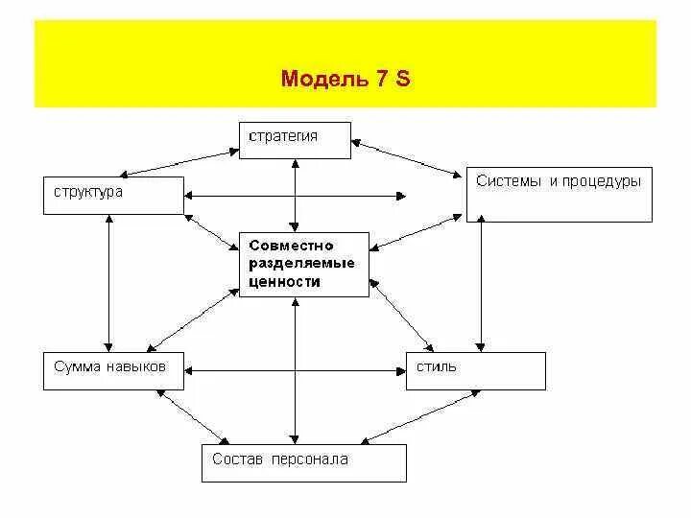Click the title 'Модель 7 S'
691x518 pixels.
pyautogui.click(x=345, y=79)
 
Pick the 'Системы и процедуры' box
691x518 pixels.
pyautogui.click(x=559, y=195)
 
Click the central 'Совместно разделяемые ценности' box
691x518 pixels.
pyautogui.click(x=303, y=264)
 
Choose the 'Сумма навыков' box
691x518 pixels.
pyautogui.click(x=112, y=370)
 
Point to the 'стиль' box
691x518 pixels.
pyautogui.click(x=476, y=370)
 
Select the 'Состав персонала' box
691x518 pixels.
pyautogui.click(x=303, y=462)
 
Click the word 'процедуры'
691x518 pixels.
pyautogui.click(x=601, y=181)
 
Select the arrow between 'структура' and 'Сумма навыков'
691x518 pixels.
pyautogui.click(x=111, y=283)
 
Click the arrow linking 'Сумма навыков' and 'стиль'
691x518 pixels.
pyautogui.click(x=296, y=369)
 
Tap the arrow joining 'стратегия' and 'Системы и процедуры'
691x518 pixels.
pyautogui.click(x=408, y=158)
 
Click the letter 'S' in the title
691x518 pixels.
pyautogui.click(x=403, y=79)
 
